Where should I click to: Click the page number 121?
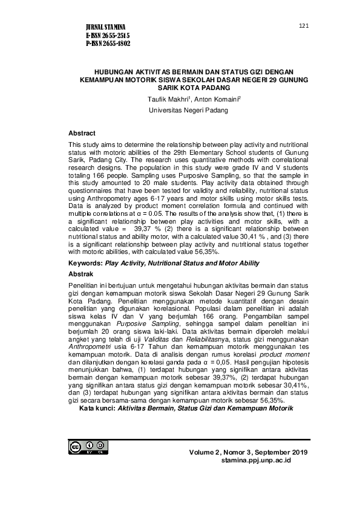click(x=304, y=25)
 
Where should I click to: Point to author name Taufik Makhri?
click(x=165, y=99)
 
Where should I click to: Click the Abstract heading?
click(x=82, y=133)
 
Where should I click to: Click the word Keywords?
click(x=85, y=263)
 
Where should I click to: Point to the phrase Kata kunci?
click(x=97, y=409)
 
